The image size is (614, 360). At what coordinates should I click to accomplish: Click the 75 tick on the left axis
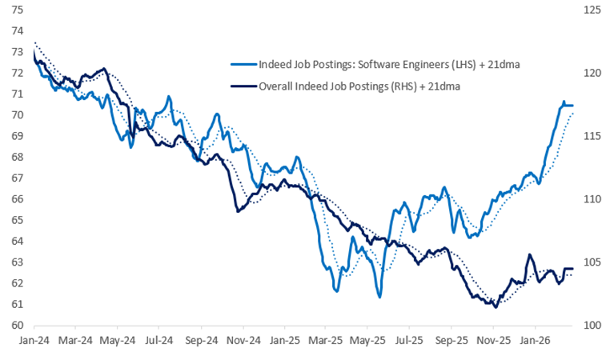coord(16,10)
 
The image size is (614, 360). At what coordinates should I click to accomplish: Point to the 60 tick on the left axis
coord(16,326)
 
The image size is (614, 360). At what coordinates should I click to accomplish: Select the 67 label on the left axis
coord(16,178)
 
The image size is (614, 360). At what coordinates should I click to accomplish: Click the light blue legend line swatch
coord(243,64)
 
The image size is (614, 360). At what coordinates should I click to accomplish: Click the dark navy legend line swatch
coord(243,84)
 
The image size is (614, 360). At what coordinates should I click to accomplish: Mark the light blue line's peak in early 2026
coord(564,102)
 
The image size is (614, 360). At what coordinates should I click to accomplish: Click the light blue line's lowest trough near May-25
coord(379,297)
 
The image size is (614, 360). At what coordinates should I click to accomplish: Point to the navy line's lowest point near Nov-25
coord(496,306)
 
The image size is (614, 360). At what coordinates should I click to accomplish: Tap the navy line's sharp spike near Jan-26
coord(529,255)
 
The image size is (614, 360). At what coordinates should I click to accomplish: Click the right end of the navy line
coord(572,269)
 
